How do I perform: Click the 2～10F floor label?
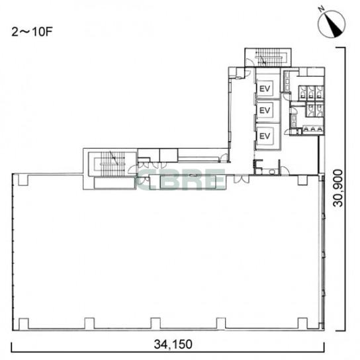pos(32,32)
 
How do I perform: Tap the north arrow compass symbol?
pos(332,24)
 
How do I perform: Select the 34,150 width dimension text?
pos(173,345)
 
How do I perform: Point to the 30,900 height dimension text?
pos(338,188)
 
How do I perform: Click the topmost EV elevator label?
pos(265,89)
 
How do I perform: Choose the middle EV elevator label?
pos(265,111)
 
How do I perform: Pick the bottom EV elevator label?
pos(265,136)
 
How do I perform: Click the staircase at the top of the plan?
pos(268,58)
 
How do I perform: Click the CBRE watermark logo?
pos(181,179)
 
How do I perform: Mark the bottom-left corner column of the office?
pos(24,324)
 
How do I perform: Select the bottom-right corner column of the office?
pos(302,324)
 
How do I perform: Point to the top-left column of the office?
pos(23,179)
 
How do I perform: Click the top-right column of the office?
pos(302,180)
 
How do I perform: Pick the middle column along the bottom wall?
pos(156,324)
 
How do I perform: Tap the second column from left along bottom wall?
pos(89,324)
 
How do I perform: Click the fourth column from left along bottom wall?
pos(221,324)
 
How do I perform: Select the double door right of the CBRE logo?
pos(242,179)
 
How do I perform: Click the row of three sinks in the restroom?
pos(313,129)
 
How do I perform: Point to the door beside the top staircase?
pos(249,63)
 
